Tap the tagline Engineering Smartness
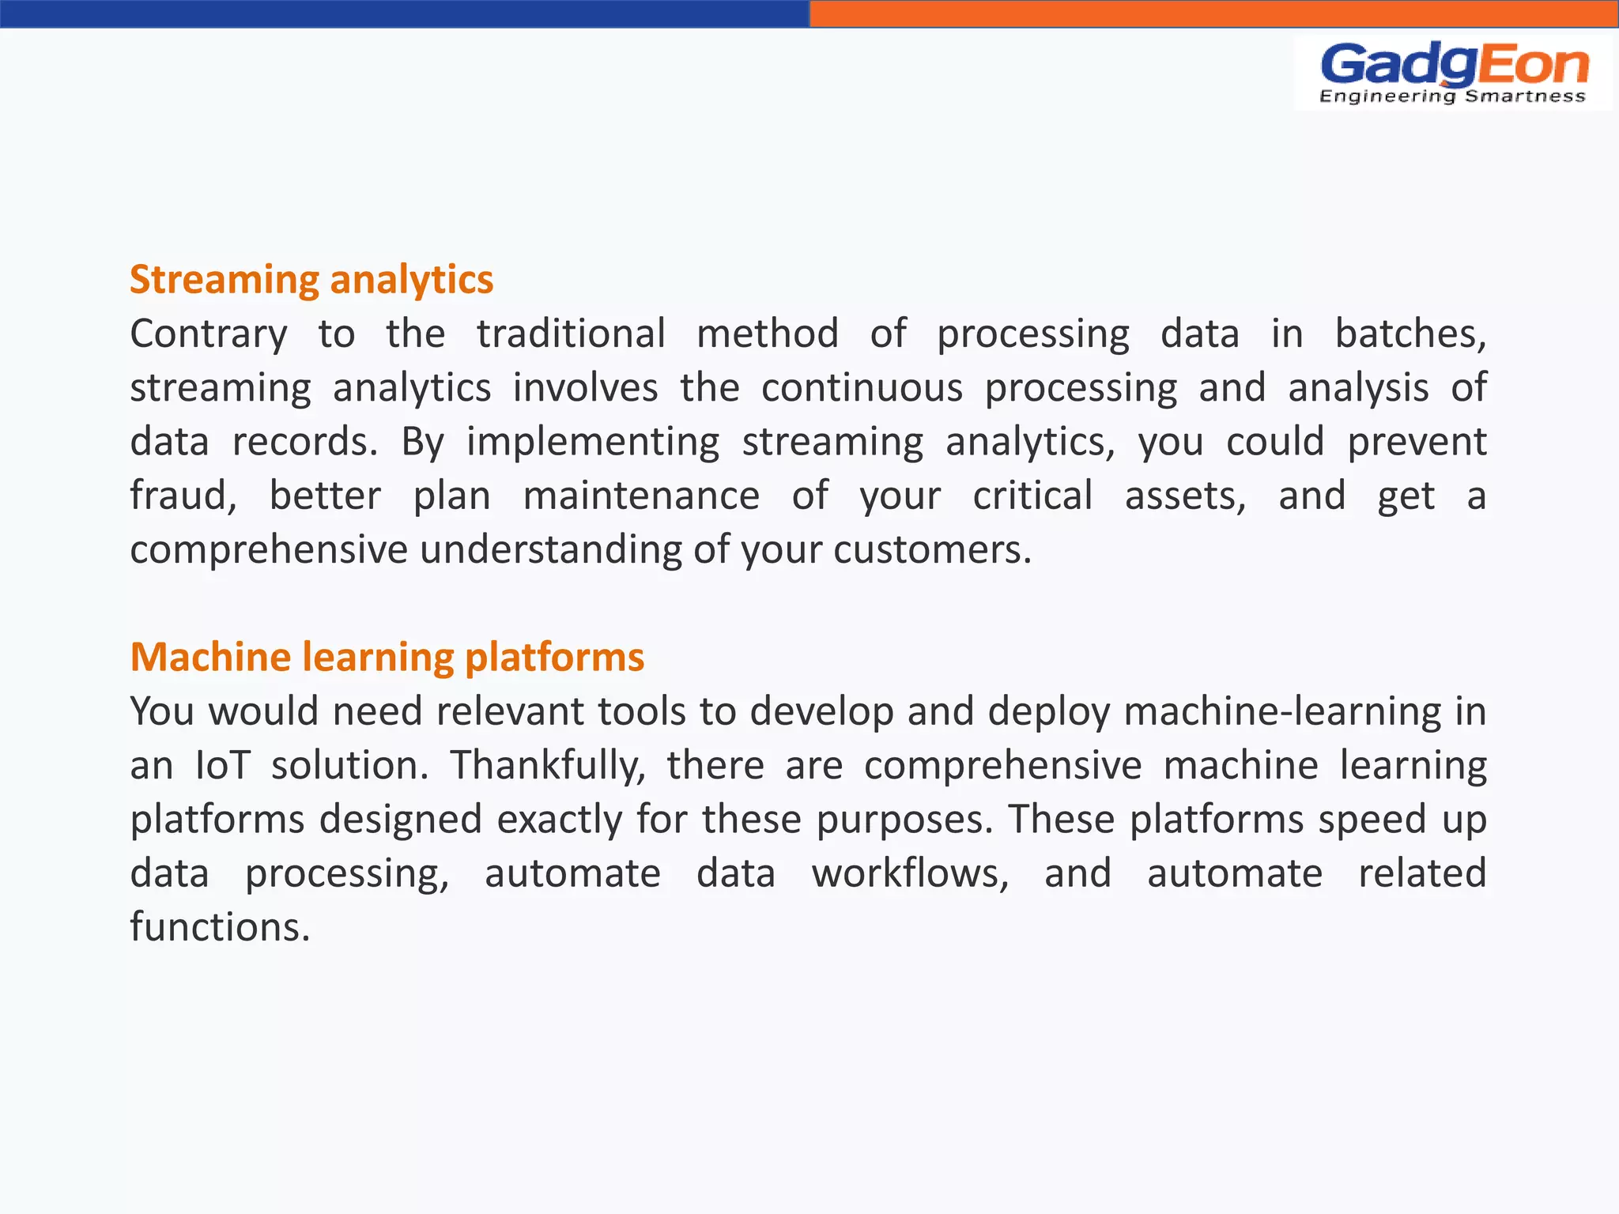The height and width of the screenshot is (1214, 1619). [x=1452, y=96]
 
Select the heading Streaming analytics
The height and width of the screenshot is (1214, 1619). [x=311, y=280]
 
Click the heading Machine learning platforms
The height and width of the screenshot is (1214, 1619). [x=387, y=657]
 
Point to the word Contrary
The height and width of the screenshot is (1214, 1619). [x=208, y=334]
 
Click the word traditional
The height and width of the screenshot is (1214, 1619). [x=571, y=334]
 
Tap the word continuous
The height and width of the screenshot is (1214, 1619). [x=862, y=388]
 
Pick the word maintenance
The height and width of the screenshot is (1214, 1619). [x=641, y=496]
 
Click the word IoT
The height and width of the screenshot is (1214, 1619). [x=222, y=765]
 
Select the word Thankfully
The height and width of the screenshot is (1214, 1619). [x=547, y=765]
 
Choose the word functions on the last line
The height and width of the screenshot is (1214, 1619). [x=219, y=927]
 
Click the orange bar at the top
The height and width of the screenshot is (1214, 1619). [x=1213, y=13]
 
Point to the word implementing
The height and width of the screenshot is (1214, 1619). [x=593, y=443]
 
